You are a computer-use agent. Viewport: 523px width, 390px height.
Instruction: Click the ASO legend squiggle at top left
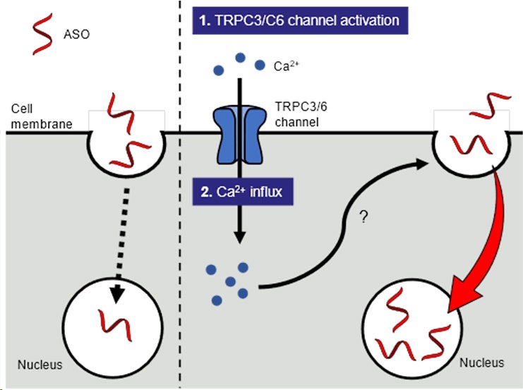pos(42,32)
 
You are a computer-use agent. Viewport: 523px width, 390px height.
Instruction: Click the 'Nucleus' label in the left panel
pos(41,365)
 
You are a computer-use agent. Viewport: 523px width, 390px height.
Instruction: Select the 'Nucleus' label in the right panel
pos(482,362)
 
